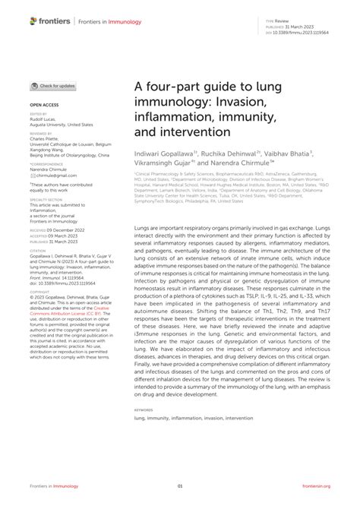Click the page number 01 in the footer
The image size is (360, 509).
180,486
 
